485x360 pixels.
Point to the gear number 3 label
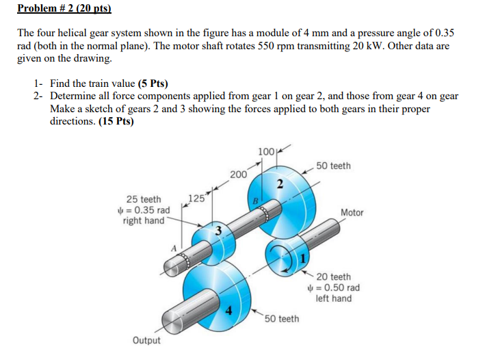[x=218, y=229]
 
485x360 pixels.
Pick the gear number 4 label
[x=229, y=313]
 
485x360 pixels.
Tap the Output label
[x=147, y=341]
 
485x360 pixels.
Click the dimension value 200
[x=238, y=175]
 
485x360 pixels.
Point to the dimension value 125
[x=196, y=199]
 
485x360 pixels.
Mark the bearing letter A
[x=174, y=247]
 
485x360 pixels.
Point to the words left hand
[x=333, y=298]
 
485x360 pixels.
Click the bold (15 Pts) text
[x=116, y=121]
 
